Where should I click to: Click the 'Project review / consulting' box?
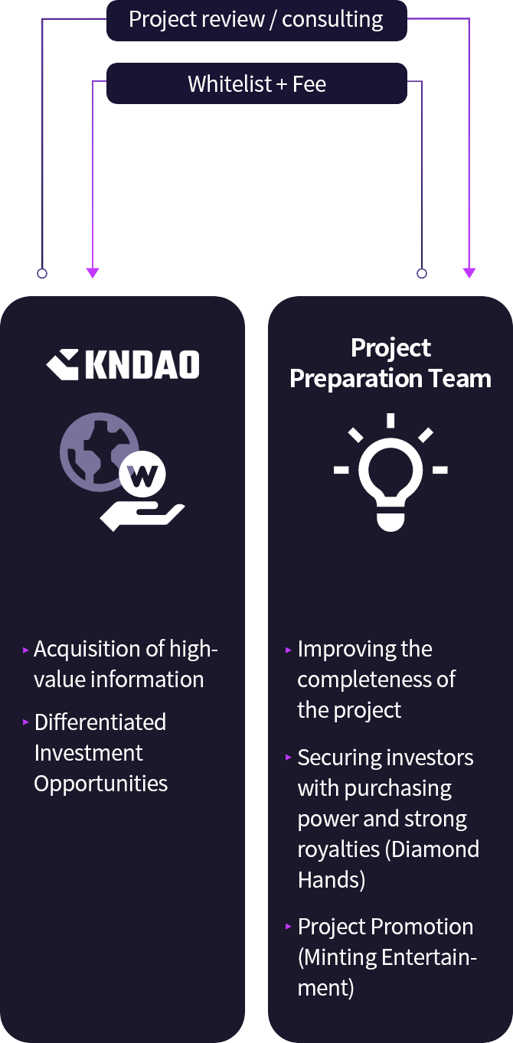(256, 21)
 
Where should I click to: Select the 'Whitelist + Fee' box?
(256, 83)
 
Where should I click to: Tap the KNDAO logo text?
(142, 364)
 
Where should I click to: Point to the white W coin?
(142, 474)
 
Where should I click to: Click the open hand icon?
(142, 517)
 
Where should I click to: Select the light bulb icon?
(390, 472)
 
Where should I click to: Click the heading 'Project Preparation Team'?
(390, 363)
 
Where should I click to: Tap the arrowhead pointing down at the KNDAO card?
(93, 273)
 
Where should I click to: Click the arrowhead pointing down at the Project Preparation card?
(469, 273)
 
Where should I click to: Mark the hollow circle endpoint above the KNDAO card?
(42, 273)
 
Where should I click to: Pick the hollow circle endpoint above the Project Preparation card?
(422, 273)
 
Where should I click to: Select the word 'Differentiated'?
(100, 722)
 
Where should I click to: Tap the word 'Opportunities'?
(100, 784)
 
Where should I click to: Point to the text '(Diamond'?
(433, 849)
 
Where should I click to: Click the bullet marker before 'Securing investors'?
(289, 758)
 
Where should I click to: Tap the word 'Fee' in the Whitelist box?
(309, 84)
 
